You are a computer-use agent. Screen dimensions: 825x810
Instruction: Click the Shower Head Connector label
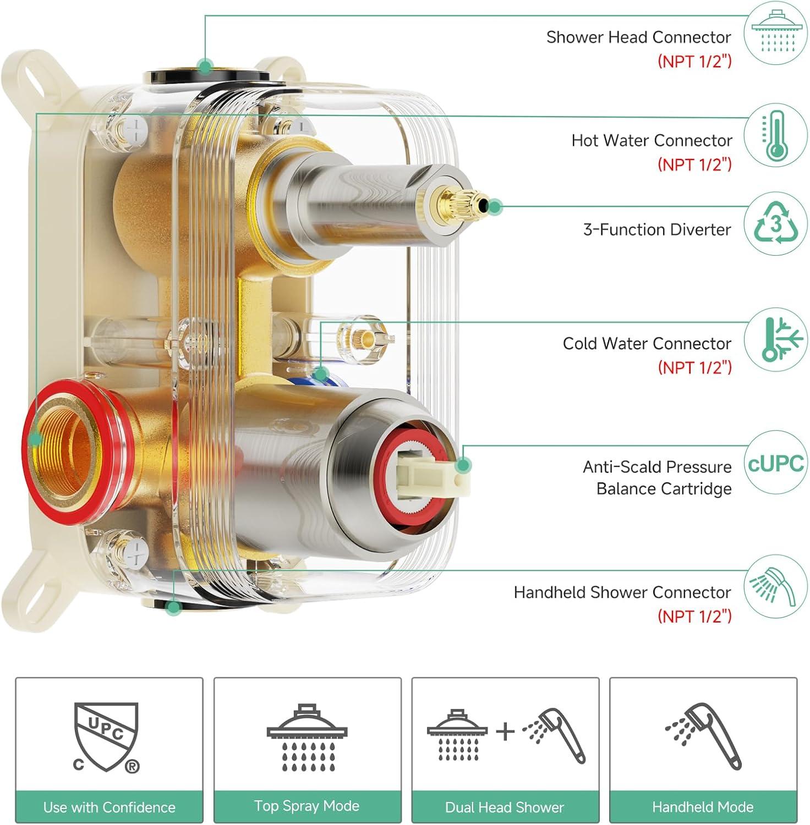click(x=638, y=37)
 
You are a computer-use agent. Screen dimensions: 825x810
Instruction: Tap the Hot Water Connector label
click(x=652, y=141)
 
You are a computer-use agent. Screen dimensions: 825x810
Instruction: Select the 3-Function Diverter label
click(x=657, y=229)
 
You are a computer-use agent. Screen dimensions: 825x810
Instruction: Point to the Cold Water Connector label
click(x=647, y=344)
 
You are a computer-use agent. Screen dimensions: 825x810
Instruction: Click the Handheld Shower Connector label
click(x=622, y=592)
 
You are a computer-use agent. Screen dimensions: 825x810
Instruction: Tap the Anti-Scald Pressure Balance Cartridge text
click(x=658, y=477)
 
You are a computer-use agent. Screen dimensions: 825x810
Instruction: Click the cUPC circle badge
click(x=776, y=463)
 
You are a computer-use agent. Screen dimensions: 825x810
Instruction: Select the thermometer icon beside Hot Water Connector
click(x=776, y=135)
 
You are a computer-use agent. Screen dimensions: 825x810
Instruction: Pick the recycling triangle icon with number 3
click(x=776, y=223)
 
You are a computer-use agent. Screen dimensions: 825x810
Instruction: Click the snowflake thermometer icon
click(x=776, y=339)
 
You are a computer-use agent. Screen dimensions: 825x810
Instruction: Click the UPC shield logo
click(x=106, y=735)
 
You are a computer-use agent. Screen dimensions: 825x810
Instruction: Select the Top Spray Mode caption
click(x=307, y=806)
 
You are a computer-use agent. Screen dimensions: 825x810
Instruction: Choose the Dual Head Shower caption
click(x=505, y=807)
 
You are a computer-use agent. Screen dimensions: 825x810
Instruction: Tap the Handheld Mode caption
click(x=703, y=807)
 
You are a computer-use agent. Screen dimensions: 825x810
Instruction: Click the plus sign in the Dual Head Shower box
click(x=505, y=732)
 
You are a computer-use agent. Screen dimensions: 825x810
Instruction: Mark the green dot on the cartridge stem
click(x=464, y=465)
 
